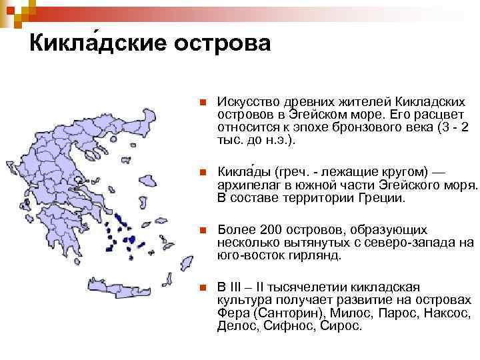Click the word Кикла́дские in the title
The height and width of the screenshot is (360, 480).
[97, 43]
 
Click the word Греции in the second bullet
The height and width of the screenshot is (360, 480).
[384, 199]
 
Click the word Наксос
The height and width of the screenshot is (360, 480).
[447, 313]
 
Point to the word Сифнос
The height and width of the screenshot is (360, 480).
[289, 327]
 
